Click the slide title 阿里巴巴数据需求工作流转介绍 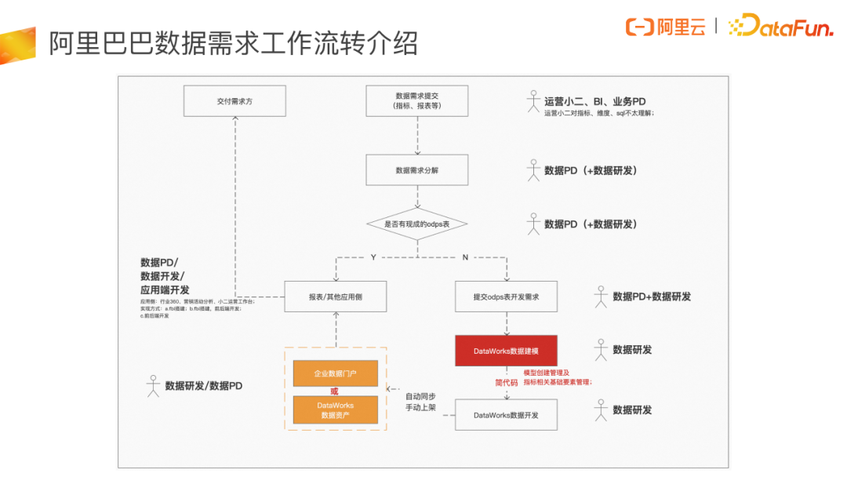(x=233, y=43)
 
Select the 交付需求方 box (x=234, y=101)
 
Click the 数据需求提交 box (x=417, y=101)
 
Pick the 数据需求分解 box (x=417, y=169)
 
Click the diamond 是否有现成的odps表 (x=417, y=224)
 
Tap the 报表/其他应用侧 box (x=336, y=297)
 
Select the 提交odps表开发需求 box (x=506, y=297)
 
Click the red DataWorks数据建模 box (x=506, y=351)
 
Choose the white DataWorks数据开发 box (x=506, y=414)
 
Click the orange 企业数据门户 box (x=336, y=373)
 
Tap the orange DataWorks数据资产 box (x=336, y=410)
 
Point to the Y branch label (x=373, y=257)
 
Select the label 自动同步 (x=420, y=396)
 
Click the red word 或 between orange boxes (x=335, y=391)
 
